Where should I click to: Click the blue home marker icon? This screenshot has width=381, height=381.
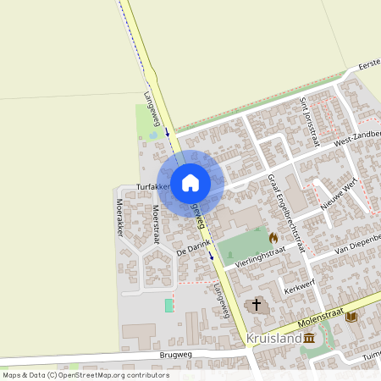click(x=190, y=182)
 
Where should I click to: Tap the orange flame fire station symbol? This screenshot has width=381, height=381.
click(x=273, y=238)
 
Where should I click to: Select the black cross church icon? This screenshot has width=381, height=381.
click(x=257, y=304)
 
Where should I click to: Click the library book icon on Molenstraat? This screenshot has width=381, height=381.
click(x=351, y=317)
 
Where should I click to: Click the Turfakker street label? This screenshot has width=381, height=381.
click(x=153, y=186)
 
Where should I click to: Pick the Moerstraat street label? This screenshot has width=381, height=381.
click(x=156, y=223)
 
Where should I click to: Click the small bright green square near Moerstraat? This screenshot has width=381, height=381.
click(x=168, y=305)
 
